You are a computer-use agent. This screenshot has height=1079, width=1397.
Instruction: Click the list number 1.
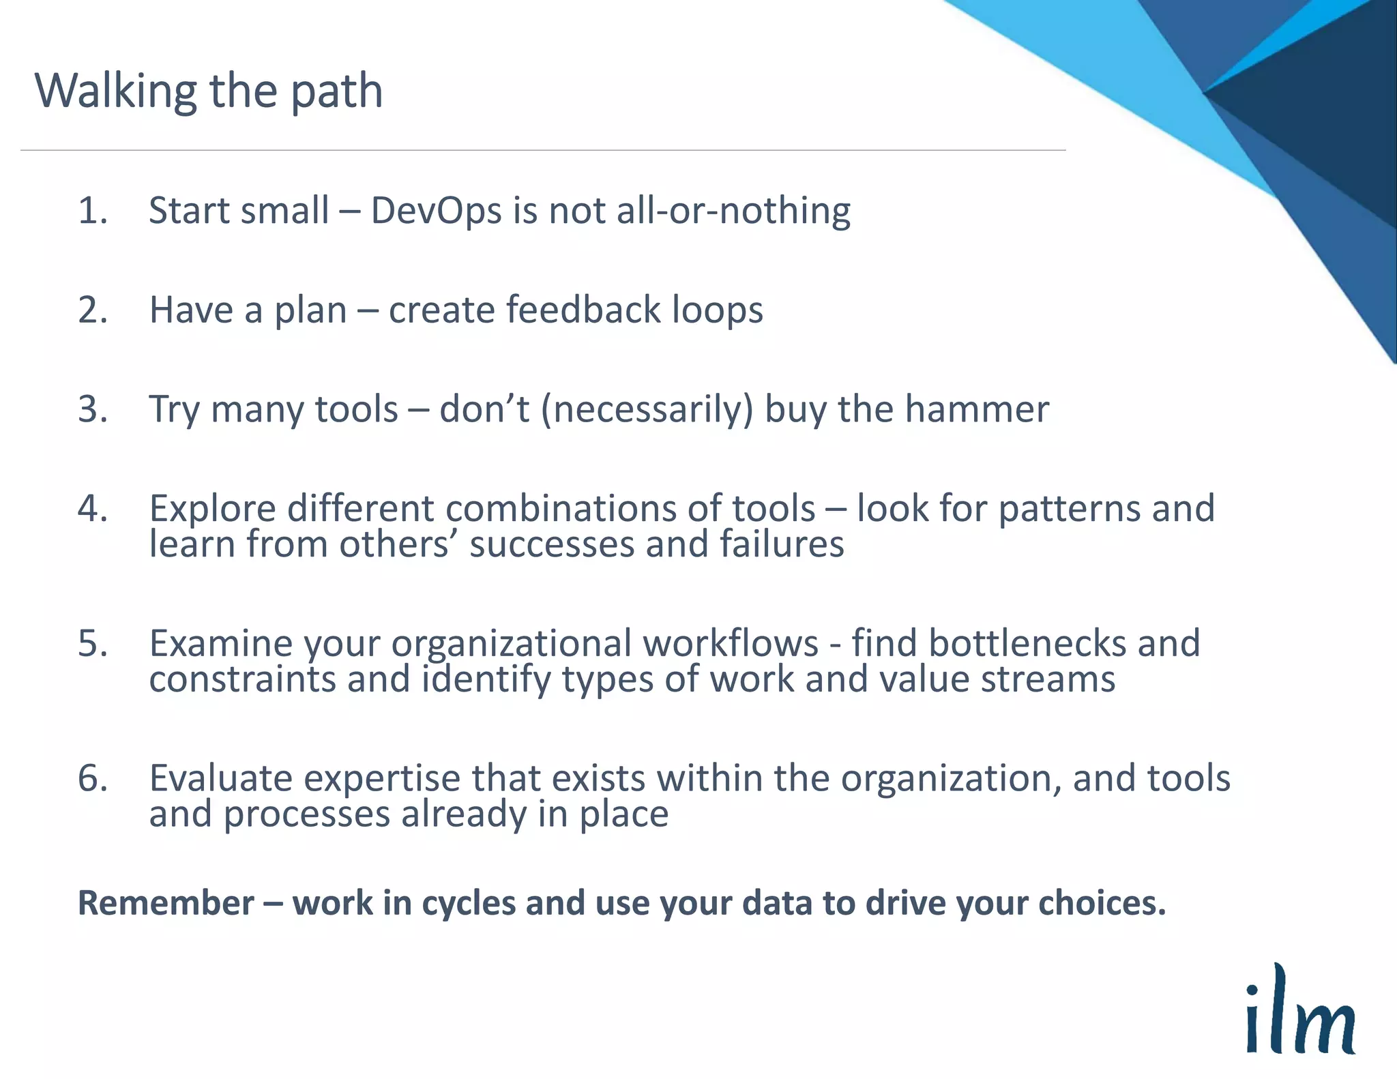pyautogui.click(x=92, y=210)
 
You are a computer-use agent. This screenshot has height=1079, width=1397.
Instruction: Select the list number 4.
pyautogui.click(x=92, y=508)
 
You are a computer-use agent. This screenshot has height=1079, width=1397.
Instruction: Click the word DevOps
pyautogui.click(x=437, y=210)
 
